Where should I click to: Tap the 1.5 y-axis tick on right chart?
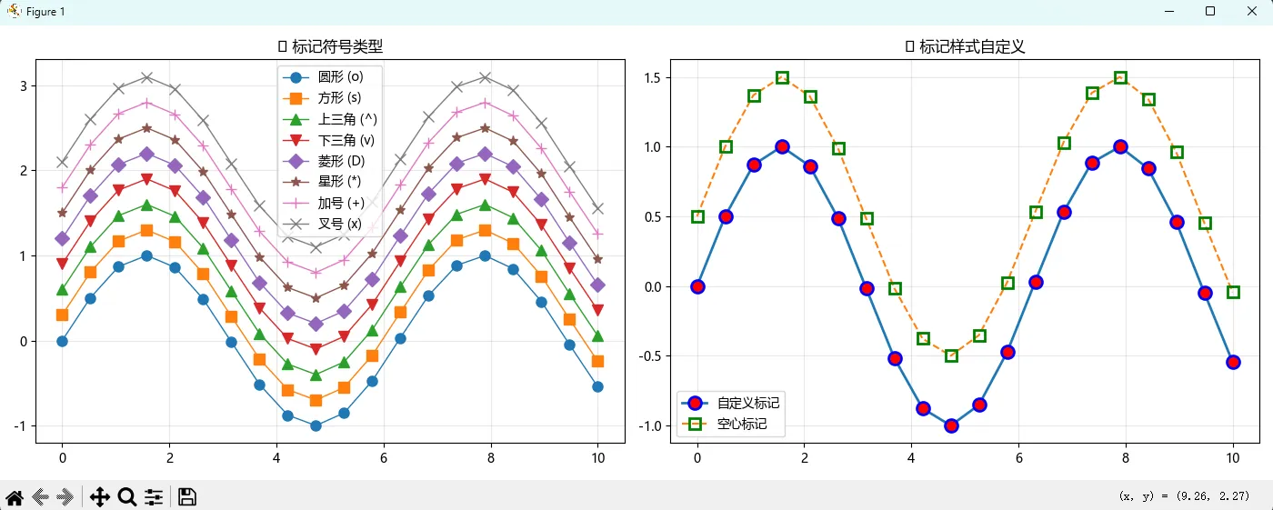(651, 77)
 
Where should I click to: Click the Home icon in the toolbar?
(15, 496)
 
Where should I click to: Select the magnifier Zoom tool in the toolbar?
(127, 496)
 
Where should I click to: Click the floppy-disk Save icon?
(187, 496)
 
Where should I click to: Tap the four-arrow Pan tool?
(99, 496)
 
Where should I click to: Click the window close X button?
(1250, 11)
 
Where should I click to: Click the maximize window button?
(1209, 11)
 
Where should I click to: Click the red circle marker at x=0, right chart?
(697, 286)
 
